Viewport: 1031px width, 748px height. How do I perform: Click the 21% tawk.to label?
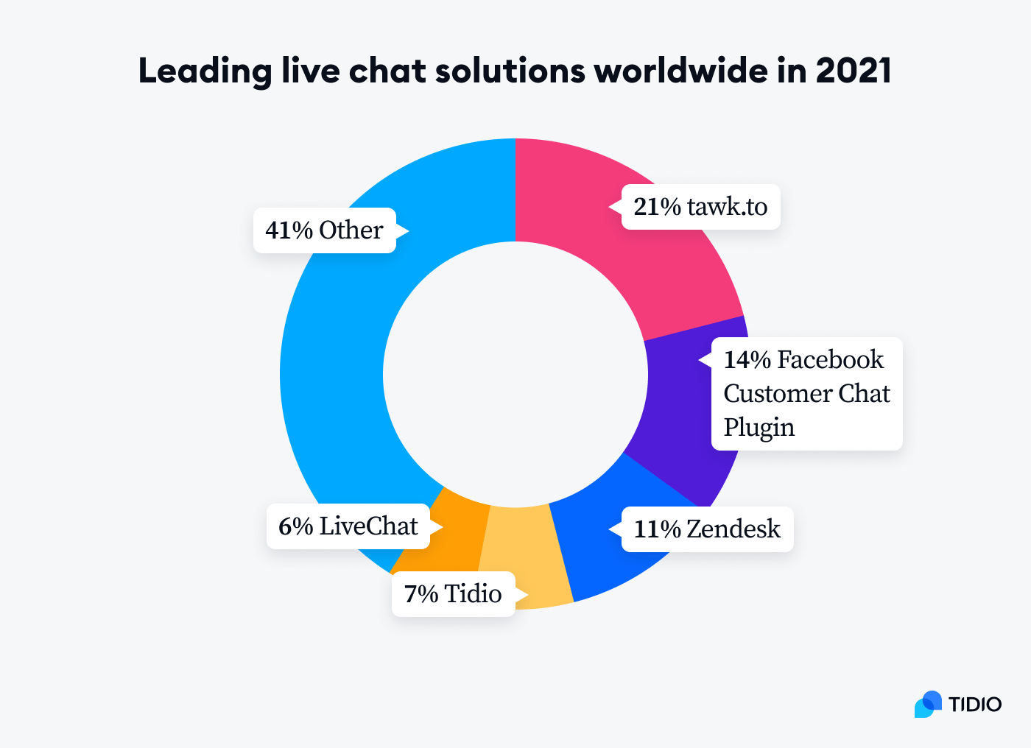700,207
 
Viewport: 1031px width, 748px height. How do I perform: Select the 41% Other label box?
325,230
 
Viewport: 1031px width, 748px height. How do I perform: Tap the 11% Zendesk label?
707,529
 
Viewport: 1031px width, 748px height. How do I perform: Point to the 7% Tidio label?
453,594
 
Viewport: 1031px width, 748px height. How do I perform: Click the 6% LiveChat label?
348,526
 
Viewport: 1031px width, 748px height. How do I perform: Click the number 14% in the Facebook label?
747,360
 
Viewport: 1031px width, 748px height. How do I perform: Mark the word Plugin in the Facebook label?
759,428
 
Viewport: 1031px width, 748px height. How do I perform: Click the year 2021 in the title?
854,71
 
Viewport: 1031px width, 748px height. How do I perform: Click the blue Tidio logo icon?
928,705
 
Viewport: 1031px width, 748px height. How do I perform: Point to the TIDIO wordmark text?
974,705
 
